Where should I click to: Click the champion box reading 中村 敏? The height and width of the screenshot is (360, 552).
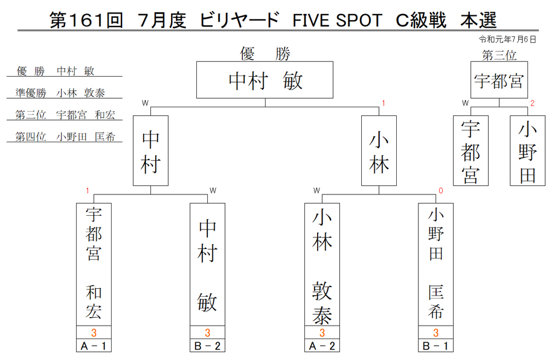pos(265,80)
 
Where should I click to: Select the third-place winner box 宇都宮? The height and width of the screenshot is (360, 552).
pos(499,80)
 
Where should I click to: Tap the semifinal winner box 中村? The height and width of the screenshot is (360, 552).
pos(151,151)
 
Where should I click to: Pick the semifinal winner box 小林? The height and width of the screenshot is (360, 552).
pos(379,151)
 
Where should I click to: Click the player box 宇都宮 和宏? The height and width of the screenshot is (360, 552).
pos(94,264)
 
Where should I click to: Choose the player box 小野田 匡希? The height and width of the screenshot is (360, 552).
pos(436,264)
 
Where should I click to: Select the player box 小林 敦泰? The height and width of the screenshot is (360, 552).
pos(322,264)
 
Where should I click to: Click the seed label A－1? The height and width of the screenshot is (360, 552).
pos(94,346)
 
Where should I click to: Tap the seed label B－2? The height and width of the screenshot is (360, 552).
pos(207,346)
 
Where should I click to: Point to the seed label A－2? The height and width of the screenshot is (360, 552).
pos(322,346)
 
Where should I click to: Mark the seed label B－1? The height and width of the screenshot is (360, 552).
pos(436,346)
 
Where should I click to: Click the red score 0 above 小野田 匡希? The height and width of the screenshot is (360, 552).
pos(441,191)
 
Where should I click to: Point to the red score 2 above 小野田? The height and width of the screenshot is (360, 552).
pos(532,103)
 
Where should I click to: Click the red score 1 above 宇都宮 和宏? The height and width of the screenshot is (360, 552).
pos(87,191)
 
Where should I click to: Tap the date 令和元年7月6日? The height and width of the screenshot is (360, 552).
pos(507,39)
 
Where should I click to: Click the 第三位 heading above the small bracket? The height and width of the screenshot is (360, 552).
pos(499,55)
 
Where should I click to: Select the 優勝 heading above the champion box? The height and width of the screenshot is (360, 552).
pos(265,54)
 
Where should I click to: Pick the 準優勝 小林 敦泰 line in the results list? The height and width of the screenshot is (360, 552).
pos(60,93)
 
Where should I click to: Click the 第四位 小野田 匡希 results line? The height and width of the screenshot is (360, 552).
pos(65,137)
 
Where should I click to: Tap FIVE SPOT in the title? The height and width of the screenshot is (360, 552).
pos(337,20)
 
